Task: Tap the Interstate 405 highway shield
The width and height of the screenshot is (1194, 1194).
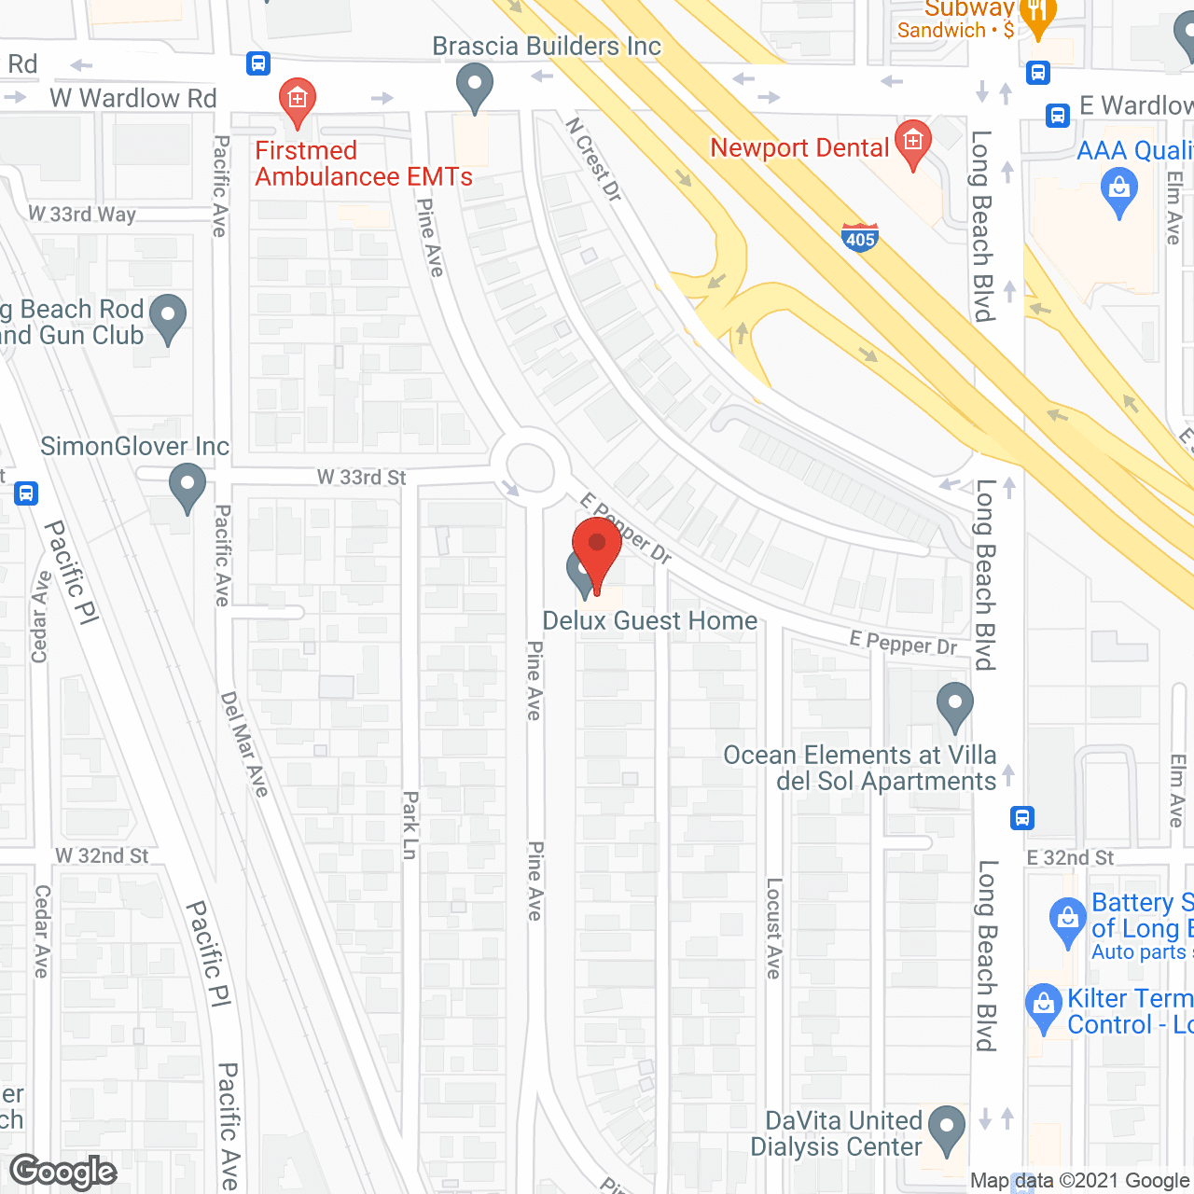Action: pos(859,237)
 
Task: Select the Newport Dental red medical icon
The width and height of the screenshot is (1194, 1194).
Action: pos(913,143)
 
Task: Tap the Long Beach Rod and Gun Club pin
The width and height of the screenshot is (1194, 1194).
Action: pos(168,317)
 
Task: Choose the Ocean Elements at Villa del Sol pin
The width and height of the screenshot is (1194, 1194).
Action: pos(954,706)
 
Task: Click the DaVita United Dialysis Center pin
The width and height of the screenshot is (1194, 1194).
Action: pos(947,1129)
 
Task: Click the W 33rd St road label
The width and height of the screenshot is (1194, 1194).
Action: pos(361,478)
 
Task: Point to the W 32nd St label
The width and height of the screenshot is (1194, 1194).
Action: pos(102,856)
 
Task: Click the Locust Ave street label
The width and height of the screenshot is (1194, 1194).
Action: pos(773,928)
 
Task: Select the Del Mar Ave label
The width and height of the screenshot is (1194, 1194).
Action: pos(244,744)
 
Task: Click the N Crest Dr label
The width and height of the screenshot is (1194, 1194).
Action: pos(593,159)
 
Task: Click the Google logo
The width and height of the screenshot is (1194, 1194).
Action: pos(63,1171)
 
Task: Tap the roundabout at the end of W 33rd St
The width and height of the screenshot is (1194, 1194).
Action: pos(530,465)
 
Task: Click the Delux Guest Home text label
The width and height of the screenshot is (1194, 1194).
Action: pos(650,621)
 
